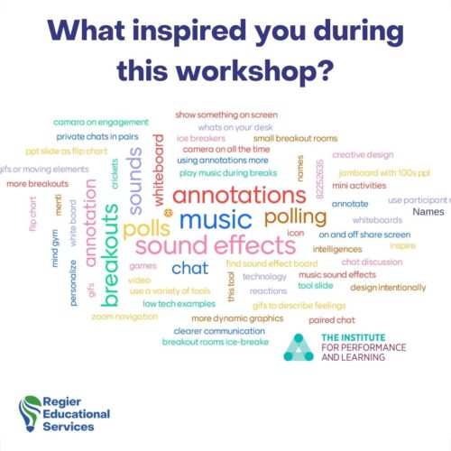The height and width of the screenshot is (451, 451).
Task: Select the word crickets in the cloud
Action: [x=115, y=172]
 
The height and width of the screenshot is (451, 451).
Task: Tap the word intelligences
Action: [x=337, y=248]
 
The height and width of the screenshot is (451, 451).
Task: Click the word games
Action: [x=143, y=266]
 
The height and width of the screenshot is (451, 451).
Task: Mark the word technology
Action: [x=264, y=277]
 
